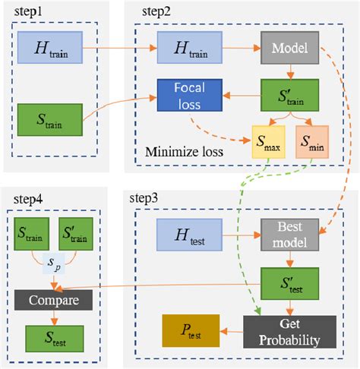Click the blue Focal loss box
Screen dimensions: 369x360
191,96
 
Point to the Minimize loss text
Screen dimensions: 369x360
185,150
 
